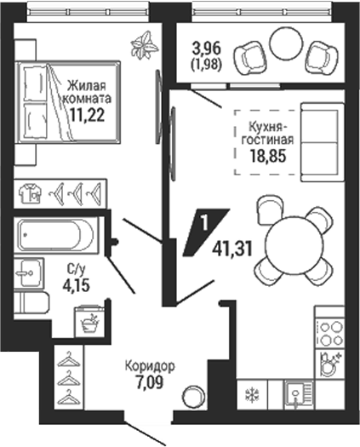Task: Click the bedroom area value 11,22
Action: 88,115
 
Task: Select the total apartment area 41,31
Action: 232,249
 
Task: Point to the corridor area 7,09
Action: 150,382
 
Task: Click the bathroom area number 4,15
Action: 77,284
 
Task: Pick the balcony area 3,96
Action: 207,49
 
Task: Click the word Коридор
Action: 150,367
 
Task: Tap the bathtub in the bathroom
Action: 56,235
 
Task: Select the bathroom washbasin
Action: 29,272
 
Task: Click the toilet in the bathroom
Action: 31,303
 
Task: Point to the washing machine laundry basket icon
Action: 89,320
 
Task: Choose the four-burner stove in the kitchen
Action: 330,333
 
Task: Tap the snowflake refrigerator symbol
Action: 252,395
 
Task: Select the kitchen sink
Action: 299,394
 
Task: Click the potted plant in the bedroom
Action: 144,45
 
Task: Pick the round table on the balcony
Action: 286,43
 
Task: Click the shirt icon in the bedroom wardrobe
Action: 30,193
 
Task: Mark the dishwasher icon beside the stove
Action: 330,363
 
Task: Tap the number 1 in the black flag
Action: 204,223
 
